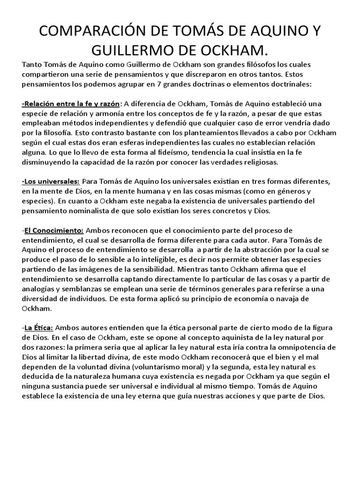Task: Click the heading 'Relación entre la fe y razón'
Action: tap(71, 104)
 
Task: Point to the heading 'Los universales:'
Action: tap(51, 181)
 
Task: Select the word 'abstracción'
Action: tap(262, 250)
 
